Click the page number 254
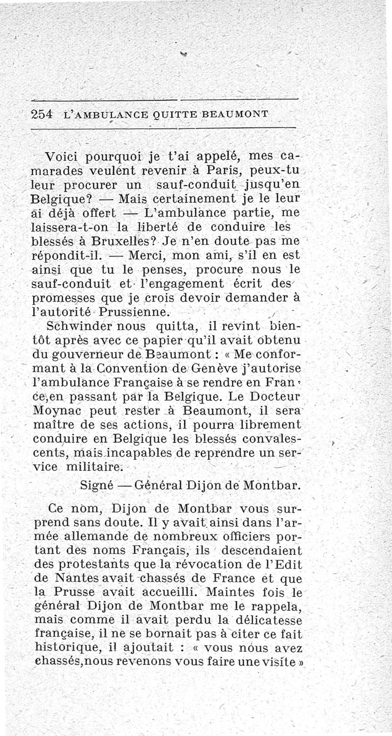click(41, 113)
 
